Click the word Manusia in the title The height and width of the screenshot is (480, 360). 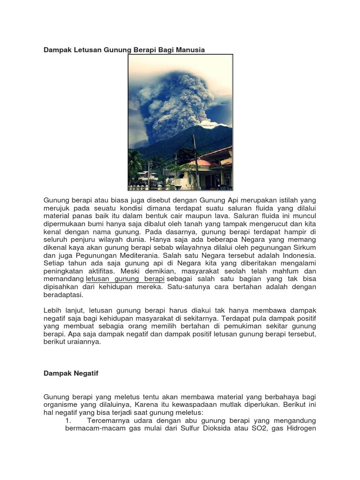(189, 50)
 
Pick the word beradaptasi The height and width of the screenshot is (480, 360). (63, 295)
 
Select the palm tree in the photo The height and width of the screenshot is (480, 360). (135, 162)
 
